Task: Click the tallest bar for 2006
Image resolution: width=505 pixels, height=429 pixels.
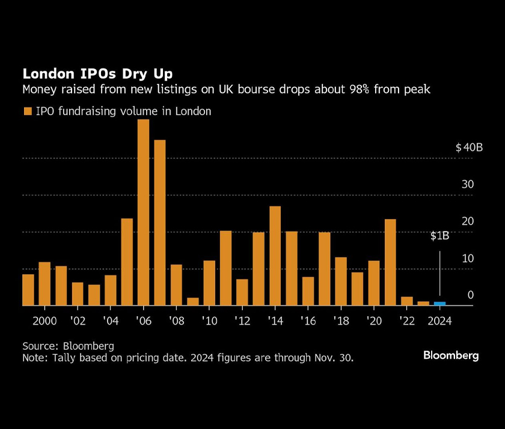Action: point(143,212)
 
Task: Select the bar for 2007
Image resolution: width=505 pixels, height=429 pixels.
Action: point(160,223)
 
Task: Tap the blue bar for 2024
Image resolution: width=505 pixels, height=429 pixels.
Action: point(439,304)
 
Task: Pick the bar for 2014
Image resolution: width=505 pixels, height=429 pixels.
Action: point(275,256)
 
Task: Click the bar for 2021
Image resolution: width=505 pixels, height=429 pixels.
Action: point(390,262)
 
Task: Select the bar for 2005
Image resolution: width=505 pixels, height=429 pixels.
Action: point(127,262)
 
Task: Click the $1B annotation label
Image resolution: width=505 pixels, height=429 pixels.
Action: point(439,236)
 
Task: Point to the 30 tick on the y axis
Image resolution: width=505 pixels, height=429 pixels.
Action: point(468,184)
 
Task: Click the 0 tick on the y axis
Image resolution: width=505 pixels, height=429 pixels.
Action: point(471,295)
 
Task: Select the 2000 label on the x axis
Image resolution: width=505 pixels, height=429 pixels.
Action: point(44,321)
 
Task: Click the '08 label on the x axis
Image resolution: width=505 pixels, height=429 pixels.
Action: point(176,321)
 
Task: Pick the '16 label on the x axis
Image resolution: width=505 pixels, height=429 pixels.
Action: point(308,321)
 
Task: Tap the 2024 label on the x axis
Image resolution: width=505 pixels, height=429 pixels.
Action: point(439,321)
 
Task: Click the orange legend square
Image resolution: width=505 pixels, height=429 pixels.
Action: point(27,111)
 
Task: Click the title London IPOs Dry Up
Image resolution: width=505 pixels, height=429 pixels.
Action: point(97,74)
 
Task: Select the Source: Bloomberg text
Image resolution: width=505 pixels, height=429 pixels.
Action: point(68,346)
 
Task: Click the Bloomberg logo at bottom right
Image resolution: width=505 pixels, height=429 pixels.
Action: point(451,356)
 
